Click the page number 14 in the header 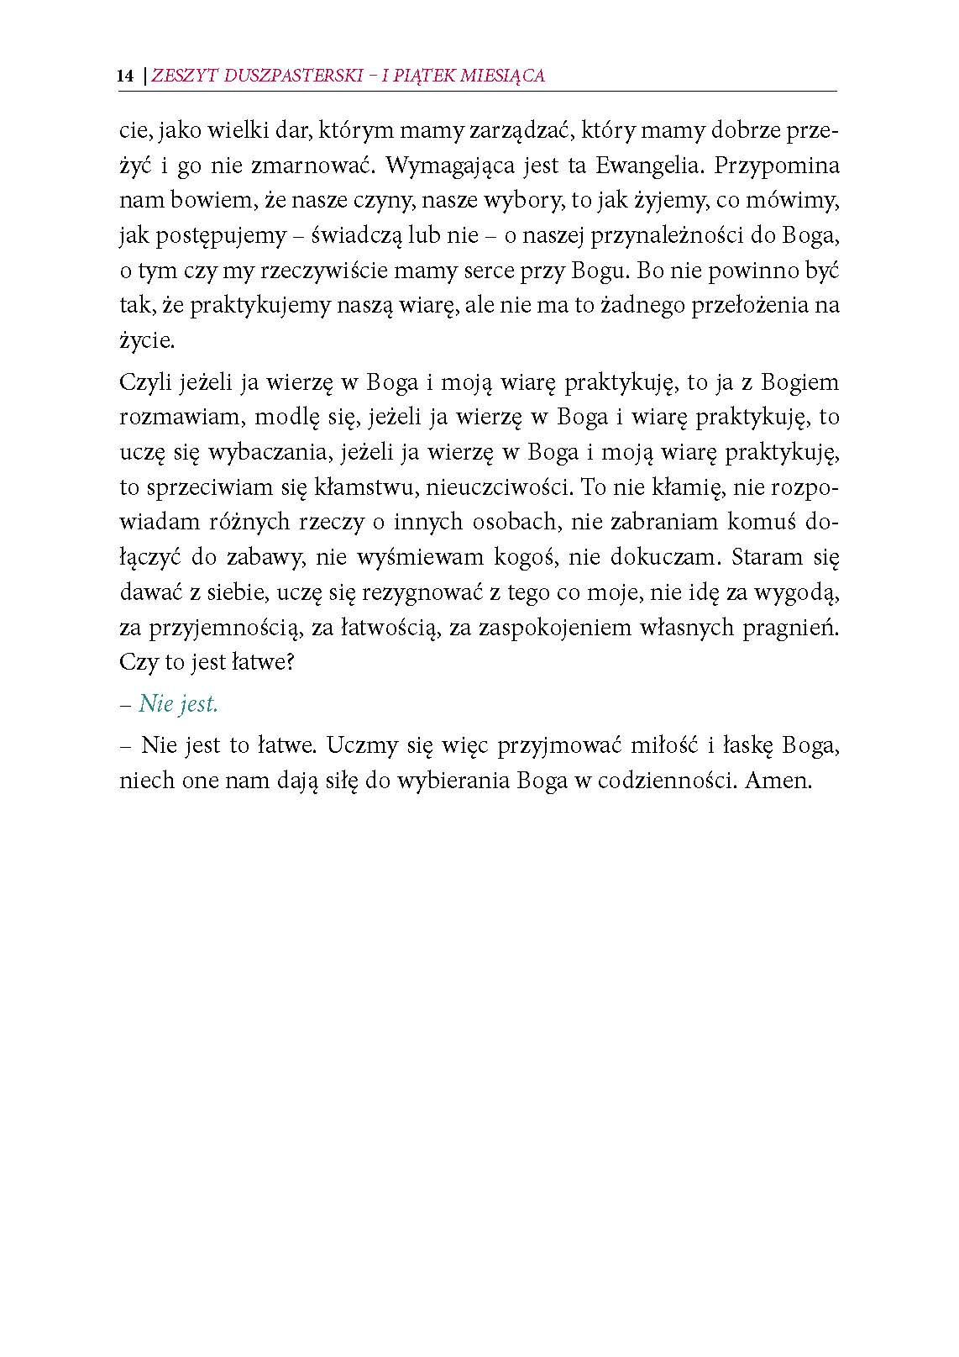click(x=126, y=76)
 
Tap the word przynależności click(x=658, y=236)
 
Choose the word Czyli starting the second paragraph click(x=146, y=384)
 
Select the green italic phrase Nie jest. click(x=178, y=704)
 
